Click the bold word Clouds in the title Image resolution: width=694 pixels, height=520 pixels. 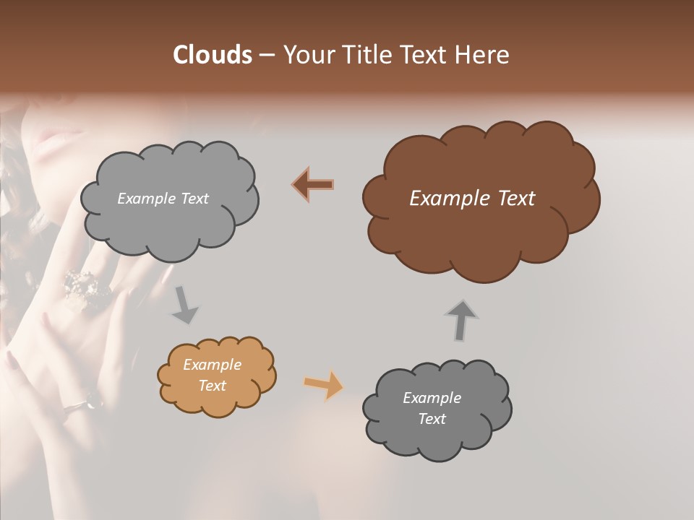pos(212,55)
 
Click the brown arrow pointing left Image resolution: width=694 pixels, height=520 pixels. pos(313,185)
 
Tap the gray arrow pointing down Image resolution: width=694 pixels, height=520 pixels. pos(185,305)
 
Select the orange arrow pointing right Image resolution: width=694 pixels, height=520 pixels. pos(324,384)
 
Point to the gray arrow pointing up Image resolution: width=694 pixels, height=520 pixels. pos(461,320)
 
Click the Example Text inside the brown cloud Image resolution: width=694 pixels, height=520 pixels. pos(472,199)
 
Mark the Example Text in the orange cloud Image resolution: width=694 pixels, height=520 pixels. pos(212,376)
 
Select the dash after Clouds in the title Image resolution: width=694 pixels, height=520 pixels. pos(267,55)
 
